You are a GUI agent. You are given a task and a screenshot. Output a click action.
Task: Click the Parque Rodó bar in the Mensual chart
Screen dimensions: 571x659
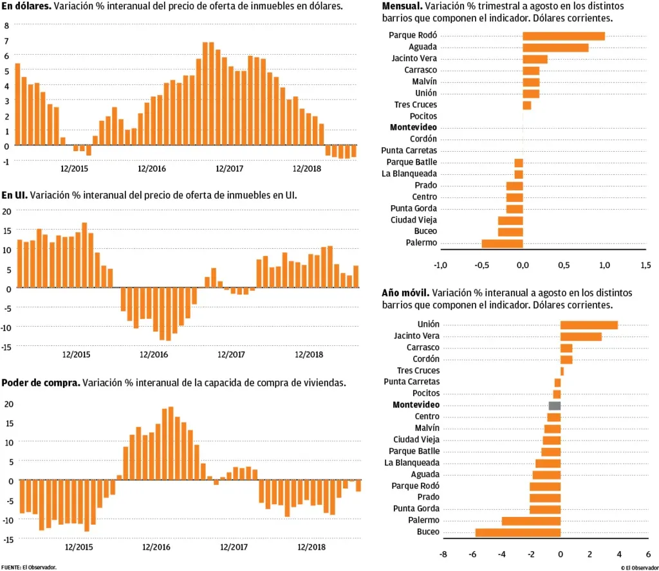tap(563, 36)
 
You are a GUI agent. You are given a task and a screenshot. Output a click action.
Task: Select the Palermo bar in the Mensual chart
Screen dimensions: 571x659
tap(502, 243)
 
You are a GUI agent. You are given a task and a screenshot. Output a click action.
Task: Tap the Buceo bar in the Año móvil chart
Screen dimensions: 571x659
tap(517, 532)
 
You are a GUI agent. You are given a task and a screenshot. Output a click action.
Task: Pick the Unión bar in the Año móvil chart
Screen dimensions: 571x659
tap(589, 325)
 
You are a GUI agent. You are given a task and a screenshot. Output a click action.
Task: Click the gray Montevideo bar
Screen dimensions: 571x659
tap(554, 406)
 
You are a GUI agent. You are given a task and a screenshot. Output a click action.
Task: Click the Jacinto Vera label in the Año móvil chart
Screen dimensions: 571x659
tap(416, 336)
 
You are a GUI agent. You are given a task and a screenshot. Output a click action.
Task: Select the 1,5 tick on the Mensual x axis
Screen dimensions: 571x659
tap(645, 265)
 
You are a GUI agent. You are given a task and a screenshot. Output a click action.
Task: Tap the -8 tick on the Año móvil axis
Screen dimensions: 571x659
tap(443, 553)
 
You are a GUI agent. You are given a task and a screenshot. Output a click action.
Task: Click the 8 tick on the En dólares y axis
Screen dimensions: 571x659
tap(6, 26)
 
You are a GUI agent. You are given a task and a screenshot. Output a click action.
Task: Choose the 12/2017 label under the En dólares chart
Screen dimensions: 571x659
tap(229, 168)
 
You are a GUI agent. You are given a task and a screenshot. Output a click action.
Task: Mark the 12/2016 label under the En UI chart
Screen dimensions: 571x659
tap(153, 354)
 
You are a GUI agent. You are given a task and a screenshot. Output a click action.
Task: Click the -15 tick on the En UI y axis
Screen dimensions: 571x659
tap(6, 347)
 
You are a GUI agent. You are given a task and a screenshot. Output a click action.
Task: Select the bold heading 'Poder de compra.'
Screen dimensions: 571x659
tap(41, 383)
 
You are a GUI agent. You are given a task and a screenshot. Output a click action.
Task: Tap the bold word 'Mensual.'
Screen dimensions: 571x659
tap(402, 6)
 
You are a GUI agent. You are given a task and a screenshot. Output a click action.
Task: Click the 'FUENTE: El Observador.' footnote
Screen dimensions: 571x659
tap(29, 567)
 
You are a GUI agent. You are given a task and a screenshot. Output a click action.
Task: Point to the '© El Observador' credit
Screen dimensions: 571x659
tap(639, 567)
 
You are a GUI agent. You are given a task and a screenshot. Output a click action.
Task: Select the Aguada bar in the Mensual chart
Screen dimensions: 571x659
tap(555, 48)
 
